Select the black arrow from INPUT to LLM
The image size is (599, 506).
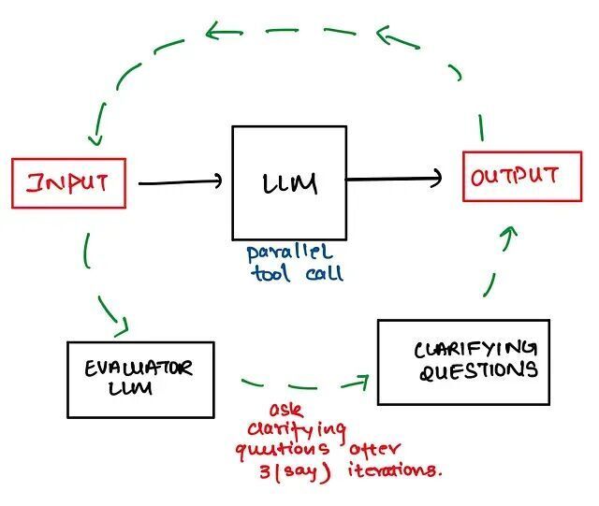pos(181,182)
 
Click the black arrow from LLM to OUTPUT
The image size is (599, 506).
pos(393,179)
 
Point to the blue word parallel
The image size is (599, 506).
pos(289,253)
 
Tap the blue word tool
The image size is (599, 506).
pos(270,273)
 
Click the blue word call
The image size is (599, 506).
pos(325,273)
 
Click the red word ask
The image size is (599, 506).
pos(286,411)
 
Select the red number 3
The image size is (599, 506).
pos(265,472)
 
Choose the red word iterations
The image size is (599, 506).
pos(395,470)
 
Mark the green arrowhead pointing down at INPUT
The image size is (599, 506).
pos(95,139)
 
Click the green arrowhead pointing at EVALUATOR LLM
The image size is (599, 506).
pos(123,327)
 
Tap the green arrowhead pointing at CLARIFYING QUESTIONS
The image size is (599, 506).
pos(360,383)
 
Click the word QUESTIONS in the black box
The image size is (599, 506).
pos(478,370)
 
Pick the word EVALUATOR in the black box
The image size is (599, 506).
pos(139,369)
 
